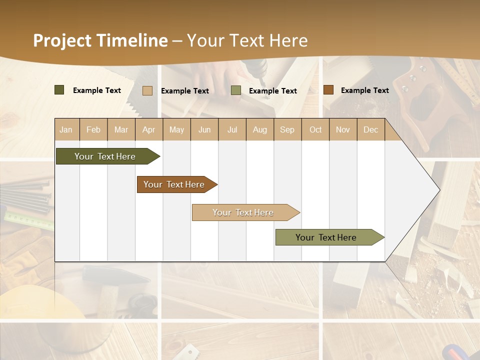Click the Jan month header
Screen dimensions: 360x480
pos(66,129)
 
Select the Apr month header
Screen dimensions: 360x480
pos(149,129)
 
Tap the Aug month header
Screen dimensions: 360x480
pos(260,129)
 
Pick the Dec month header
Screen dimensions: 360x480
pos(370,129)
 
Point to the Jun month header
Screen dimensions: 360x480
pos(204,129)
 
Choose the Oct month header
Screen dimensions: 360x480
pos(315,129)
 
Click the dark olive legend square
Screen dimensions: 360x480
pos(59,90)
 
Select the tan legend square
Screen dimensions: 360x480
pos(147,90)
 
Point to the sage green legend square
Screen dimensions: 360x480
pos(236,90)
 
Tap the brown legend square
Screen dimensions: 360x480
pos(328,90)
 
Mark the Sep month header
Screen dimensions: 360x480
pos(287,129)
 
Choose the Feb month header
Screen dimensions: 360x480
pos(93,129)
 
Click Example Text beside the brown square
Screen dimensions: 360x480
pos(364,90)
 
